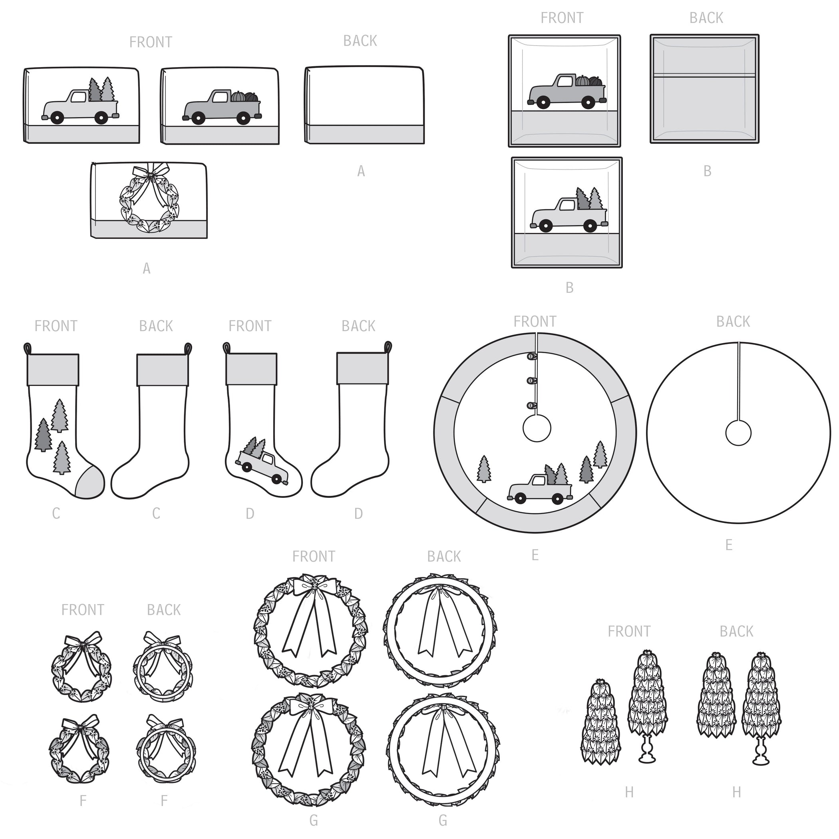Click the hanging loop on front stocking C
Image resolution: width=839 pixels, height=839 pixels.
point(27,349)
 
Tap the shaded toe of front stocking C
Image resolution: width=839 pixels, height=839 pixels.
point(90,483)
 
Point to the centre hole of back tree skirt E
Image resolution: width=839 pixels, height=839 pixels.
point(738,433)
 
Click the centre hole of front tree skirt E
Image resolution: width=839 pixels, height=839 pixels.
point(537,428)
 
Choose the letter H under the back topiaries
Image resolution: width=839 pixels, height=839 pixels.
point(736,793)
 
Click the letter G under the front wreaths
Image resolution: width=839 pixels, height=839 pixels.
point(314,820)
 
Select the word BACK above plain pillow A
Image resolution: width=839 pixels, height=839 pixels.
point(360,41)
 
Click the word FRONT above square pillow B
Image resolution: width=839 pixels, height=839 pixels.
point(562,18)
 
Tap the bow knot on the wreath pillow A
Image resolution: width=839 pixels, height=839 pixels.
point(150,175)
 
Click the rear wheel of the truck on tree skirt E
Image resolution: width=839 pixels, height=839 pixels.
point(557,499)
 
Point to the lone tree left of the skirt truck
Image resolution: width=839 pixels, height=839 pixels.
point(484,469)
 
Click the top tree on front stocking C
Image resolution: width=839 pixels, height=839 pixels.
point(60,416)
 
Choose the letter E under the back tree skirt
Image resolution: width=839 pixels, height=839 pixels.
point(729,545)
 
